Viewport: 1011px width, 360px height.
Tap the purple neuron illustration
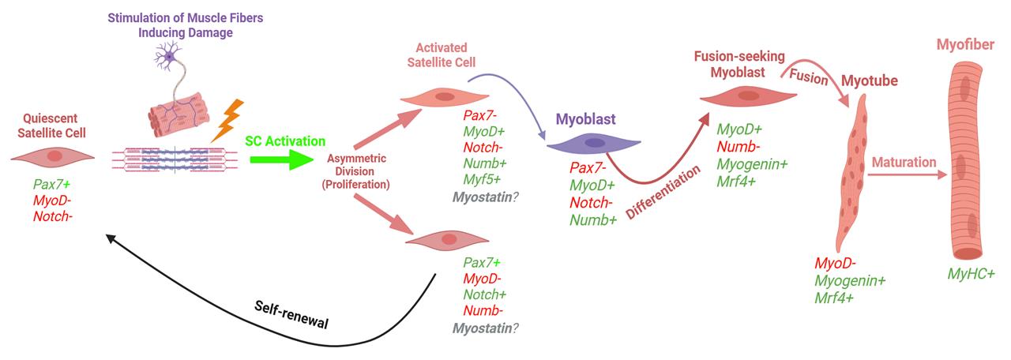tap(168, 56)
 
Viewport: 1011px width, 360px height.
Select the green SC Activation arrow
tap(282, 159)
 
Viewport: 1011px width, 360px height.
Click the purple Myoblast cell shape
tap(593, 144)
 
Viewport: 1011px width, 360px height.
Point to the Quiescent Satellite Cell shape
tap(53, 157)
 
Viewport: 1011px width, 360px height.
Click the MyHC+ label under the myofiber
tap(971, 274)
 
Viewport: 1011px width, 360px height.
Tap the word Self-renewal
tap(291, 314)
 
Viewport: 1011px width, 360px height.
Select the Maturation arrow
tap(907, 174)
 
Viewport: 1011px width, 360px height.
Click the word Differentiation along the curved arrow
tap(663, 192)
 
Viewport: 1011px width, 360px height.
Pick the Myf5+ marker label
tap(482, 179)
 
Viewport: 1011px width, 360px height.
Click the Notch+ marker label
tap(485, 294)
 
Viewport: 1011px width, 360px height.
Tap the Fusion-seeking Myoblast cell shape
tap(748, 96)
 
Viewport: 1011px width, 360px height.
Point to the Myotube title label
tap(870, 81)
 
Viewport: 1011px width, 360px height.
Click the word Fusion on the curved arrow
tap(808, 77)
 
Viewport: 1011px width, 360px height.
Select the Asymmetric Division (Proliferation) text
tap(355, 171)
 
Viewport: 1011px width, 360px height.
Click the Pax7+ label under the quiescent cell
tap(51, 185)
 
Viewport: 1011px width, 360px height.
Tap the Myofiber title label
tap(965, 45)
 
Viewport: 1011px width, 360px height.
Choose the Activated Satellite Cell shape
tap(445, 97)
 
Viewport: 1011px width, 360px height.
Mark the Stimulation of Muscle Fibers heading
tap(185, 18)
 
